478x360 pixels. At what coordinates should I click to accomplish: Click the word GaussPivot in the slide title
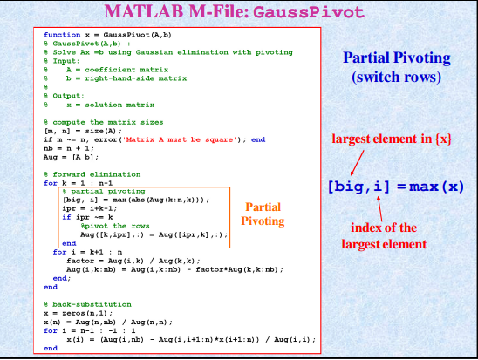[x=309, y=12]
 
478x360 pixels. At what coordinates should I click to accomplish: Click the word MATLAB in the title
[x=144, y=11]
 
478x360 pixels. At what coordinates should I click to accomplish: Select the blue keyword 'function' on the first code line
[x=62, y=35]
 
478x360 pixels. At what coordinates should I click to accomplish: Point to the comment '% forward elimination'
[x=92, y=174]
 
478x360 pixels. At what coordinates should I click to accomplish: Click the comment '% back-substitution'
[x=88, y=304]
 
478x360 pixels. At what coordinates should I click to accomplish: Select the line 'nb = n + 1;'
[x=69, y=148]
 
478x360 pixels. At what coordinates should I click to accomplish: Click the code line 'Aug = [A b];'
[x=71, y=157]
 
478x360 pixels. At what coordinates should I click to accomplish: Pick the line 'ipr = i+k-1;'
[x=90, y=208]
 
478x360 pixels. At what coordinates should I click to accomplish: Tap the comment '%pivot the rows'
[x=115, y=226]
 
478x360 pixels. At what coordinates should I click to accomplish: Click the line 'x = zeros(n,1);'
[x=78, y=313]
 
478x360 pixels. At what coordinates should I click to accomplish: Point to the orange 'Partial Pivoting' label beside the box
[x=263, y=214]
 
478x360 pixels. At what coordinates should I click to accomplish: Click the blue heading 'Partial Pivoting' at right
[x=397, y=58]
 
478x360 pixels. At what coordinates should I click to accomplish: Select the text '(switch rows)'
[x=397, y=77]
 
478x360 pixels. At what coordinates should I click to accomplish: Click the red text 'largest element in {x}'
[x=392, y=139]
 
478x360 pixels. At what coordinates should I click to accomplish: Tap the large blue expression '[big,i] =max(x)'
[x=396, y=187]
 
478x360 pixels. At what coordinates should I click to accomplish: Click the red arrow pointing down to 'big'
[x=358, y=163]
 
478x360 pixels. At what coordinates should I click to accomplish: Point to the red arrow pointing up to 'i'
[x=379, y=209]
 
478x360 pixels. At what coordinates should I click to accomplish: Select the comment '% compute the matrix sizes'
[x=104, y=122]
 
